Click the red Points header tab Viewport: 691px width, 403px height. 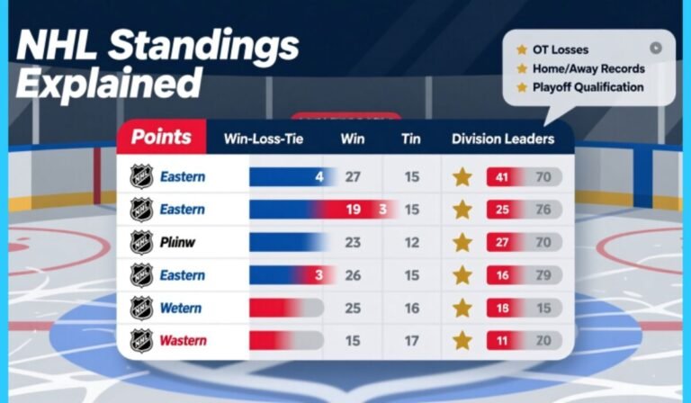161,138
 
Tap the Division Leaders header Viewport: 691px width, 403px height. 503,139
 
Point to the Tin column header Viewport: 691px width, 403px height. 410,139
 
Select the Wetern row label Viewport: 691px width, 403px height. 182,309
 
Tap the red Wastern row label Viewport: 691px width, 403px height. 183,341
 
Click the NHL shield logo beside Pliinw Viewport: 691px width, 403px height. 141,242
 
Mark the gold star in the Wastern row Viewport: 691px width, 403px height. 462,341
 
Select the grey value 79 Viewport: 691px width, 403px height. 543,275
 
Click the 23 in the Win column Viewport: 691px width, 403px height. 353,243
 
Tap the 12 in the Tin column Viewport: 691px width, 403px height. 411,243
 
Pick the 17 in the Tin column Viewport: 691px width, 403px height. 411,341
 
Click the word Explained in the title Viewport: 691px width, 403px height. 107,84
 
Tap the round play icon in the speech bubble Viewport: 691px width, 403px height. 656,48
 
